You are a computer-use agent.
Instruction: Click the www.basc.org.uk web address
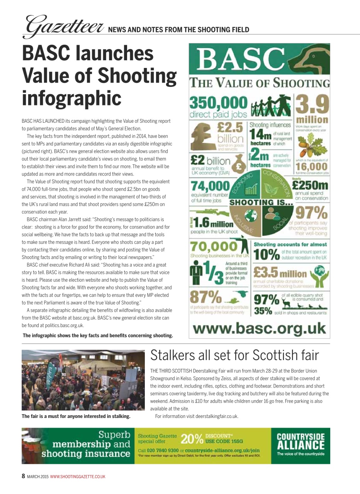click(x=259, y=329)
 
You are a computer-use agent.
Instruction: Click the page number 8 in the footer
click(x=23, y=476)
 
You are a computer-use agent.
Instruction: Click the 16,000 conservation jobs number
click(x=312, y=167)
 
